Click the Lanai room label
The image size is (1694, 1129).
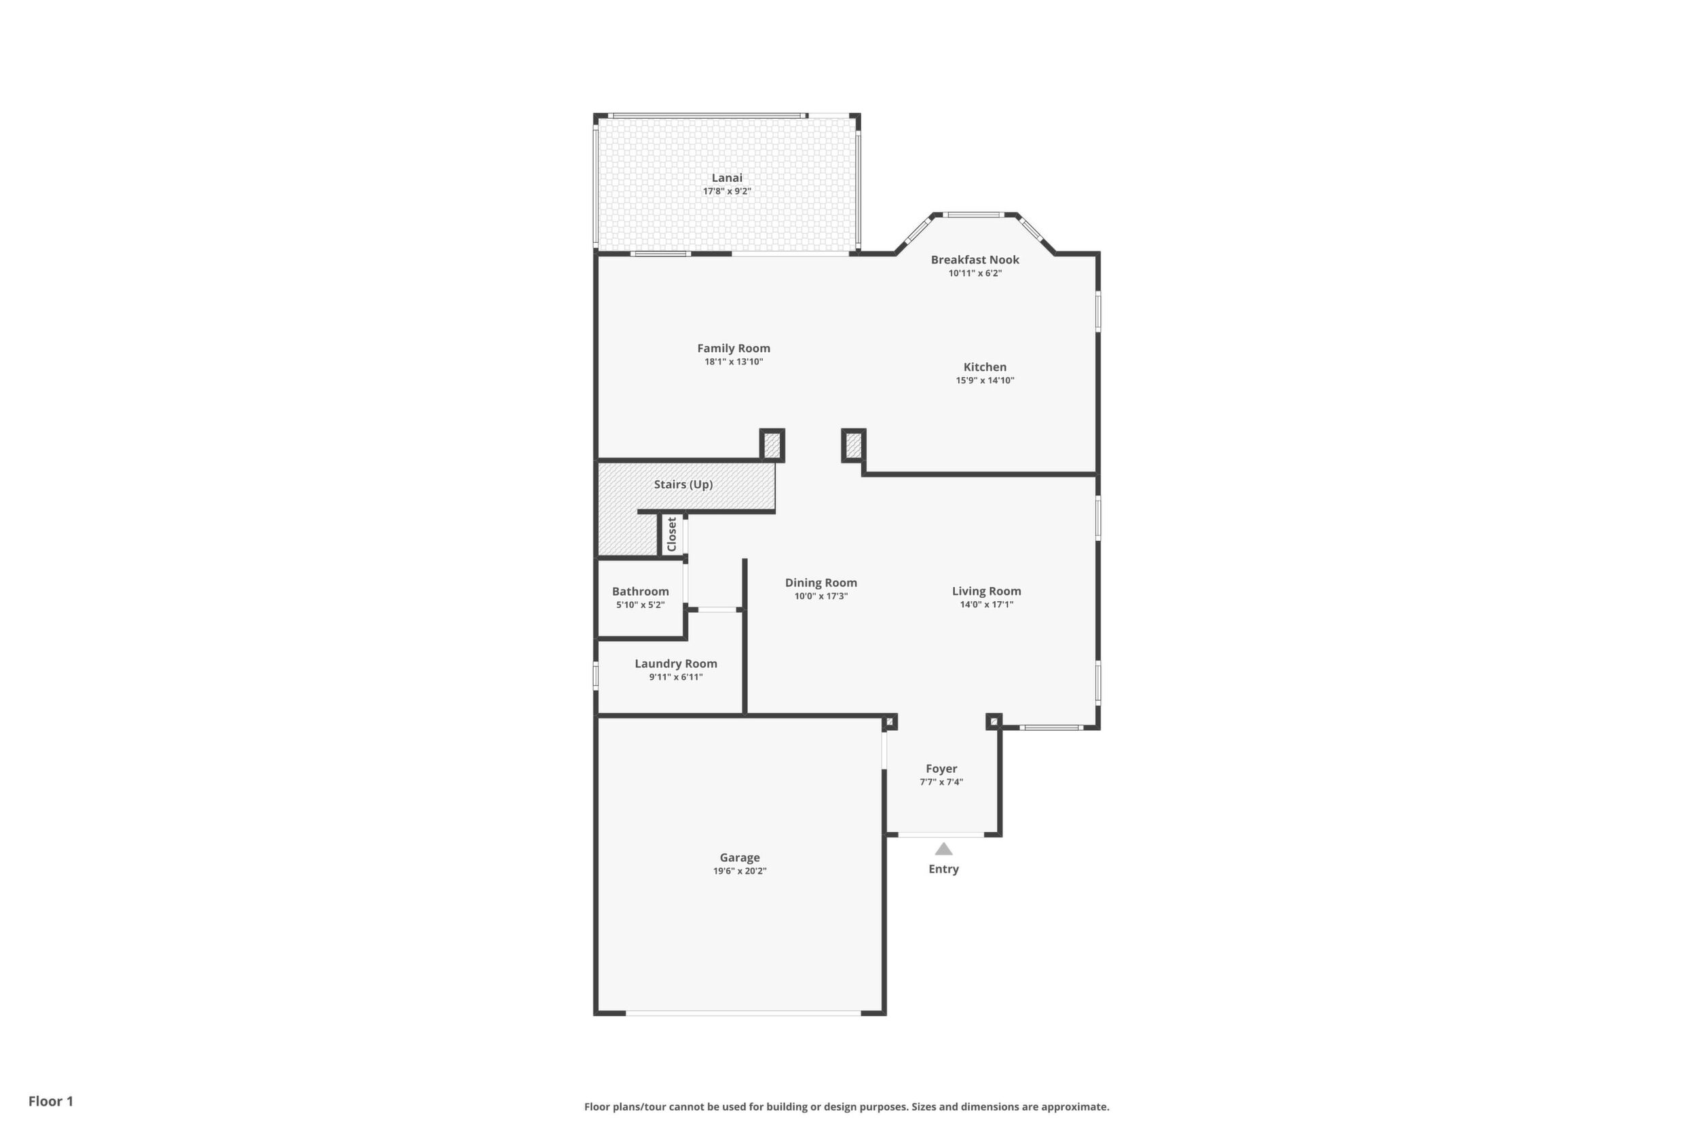pos(727,178)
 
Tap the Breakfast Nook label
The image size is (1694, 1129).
pos(975,260)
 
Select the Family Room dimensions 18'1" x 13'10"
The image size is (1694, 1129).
pos(733,362)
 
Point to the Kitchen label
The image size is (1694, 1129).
pos(985,367)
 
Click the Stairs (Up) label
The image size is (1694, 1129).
pos(683,484)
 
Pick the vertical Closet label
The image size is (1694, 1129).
pos(672,534)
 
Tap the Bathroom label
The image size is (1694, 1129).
pos(640,592)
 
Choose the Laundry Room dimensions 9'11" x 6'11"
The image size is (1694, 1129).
pos(675,678)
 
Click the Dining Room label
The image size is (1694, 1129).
pos(821,583)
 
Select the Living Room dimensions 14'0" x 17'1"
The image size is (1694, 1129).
pos(986,605)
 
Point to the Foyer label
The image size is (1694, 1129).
pos(941,769)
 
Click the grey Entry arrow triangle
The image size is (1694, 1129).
pos(943,849)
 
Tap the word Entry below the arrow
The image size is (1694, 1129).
pos(943,869)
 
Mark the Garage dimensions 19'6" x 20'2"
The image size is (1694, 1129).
pos(740,871)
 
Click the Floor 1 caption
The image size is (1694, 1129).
pos(50,1101)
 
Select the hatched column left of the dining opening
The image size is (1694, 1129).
pos(772,445)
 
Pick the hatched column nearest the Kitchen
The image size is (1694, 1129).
pos(854,445)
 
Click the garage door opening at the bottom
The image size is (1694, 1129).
pos(743,1013)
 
